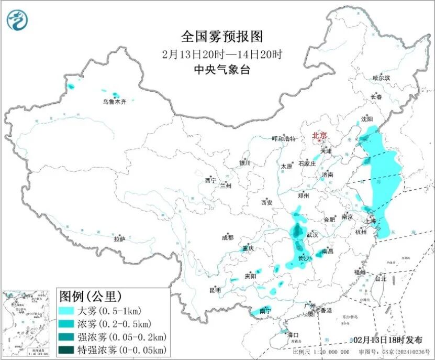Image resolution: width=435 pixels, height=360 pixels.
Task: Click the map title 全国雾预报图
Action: click(221, 36)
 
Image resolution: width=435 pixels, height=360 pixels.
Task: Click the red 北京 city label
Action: click(319, 136)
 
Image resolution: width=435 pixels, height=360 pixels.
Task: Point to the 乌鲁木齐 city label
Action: click(114, 102)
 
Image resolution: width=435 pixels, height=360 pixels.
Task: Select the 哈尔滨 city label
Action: click(381, 78)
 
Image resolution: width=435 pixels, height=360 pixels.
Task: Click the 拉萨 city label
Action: click(119, 239)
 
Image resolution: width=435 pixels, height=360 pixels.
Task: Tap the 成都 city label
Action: click(228, 237)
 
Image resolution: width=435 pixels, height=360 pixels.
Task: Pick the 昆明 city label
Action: click(215, 290)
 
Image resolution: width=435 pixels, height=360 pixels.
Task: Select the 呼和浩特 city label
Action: click(284, 139)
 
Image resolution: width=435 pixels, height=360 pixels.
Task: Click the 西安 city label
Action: click(266, 202)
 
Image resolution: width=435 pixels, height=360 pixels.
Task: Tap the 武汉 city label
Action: click(312, 235)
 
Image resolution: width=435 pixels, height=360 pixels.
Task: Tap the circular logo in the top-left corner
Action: click(17, 19)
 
